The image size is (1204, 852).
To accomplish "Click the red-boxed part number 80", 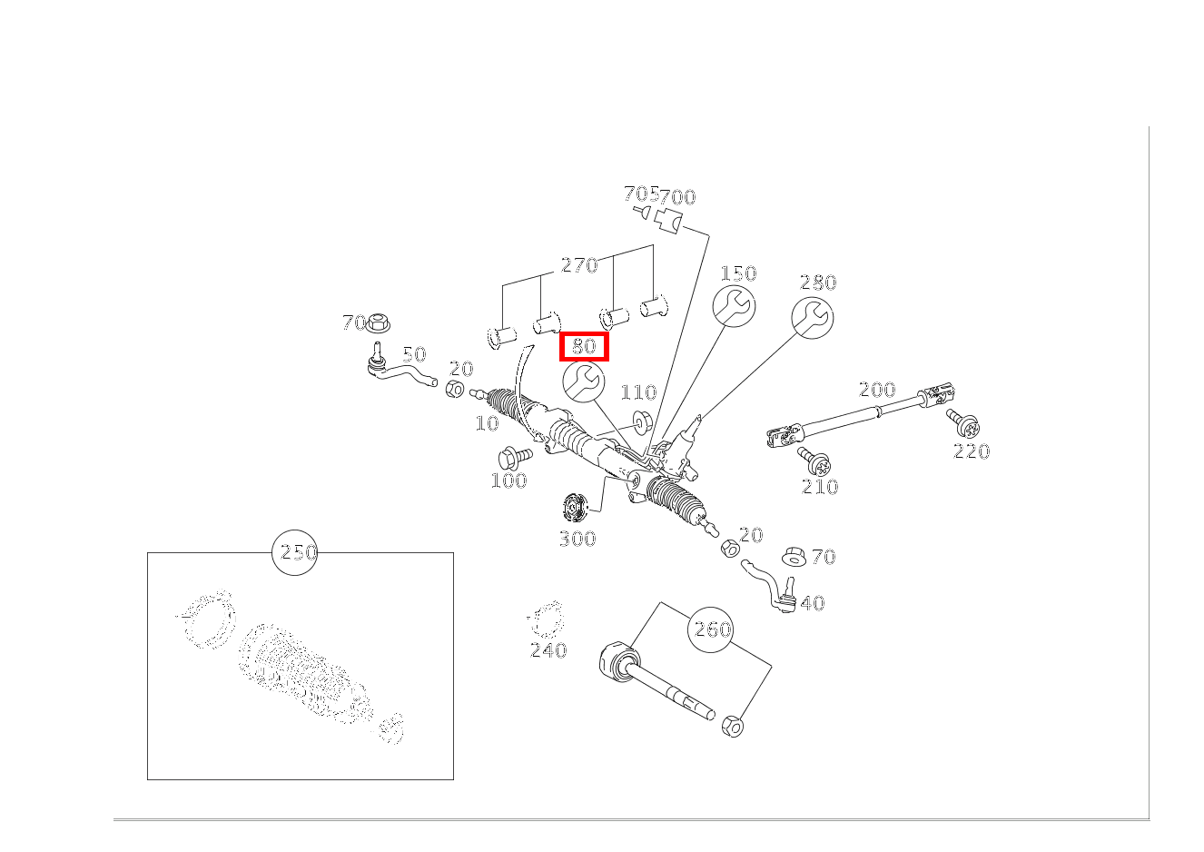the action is pyautogui.click(x=584, y=346).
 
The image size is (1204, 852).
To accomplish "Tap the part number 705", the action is pyautogui.click(x=641, y=193).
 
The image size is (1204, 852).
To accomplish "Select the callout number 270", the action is pyautogui.click(x=579, y=265).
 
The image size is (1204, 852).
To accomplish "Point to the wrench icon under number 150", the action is pyautogui.click(x=734, y=306).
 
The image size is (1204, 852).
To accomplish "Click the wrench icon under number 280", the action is pyautogui.click(x=812, y=318).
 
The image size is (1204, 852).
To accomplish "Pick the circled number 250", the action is pyautogui.click(x=294, y=552).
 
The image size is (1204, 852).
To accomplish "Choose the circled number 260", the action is pyautogui.click(x=711, y=629).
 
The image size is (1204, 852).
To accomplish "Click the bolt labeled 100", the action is pyautogui.click(x=515, y=458).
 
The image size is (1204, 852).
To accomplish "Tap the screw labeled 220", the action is pyautogui.click(x=963, y=424).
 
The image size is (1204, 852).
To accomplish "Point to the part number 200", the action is pyautogui.click(x=877, y=389).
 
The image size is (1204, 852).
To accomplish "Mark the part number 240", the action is pyautogui.click(x=548, y=650).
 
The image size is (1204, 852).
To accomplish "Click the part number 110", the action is pyautogui.click(x=638, y=392).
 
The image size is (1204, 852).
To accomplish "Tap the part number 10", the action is pyautogui.click(x=488, y=423).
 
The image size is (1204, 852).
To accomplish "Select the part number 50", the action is pyautogui.click(x=414, y=354).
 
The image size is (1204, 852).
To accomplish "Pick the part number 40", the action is pyautogui.click(x=812, y=603).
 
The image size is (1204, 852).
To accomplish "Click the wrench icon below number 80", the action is pyautogui.click(x=583, y=381).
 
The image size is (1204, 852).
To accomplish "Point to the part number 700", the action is pyautogui.click(x=677, y=197).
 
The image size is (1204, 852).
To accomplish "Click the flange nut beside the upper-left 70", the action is pyautogui.click(x=378, y=322).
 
